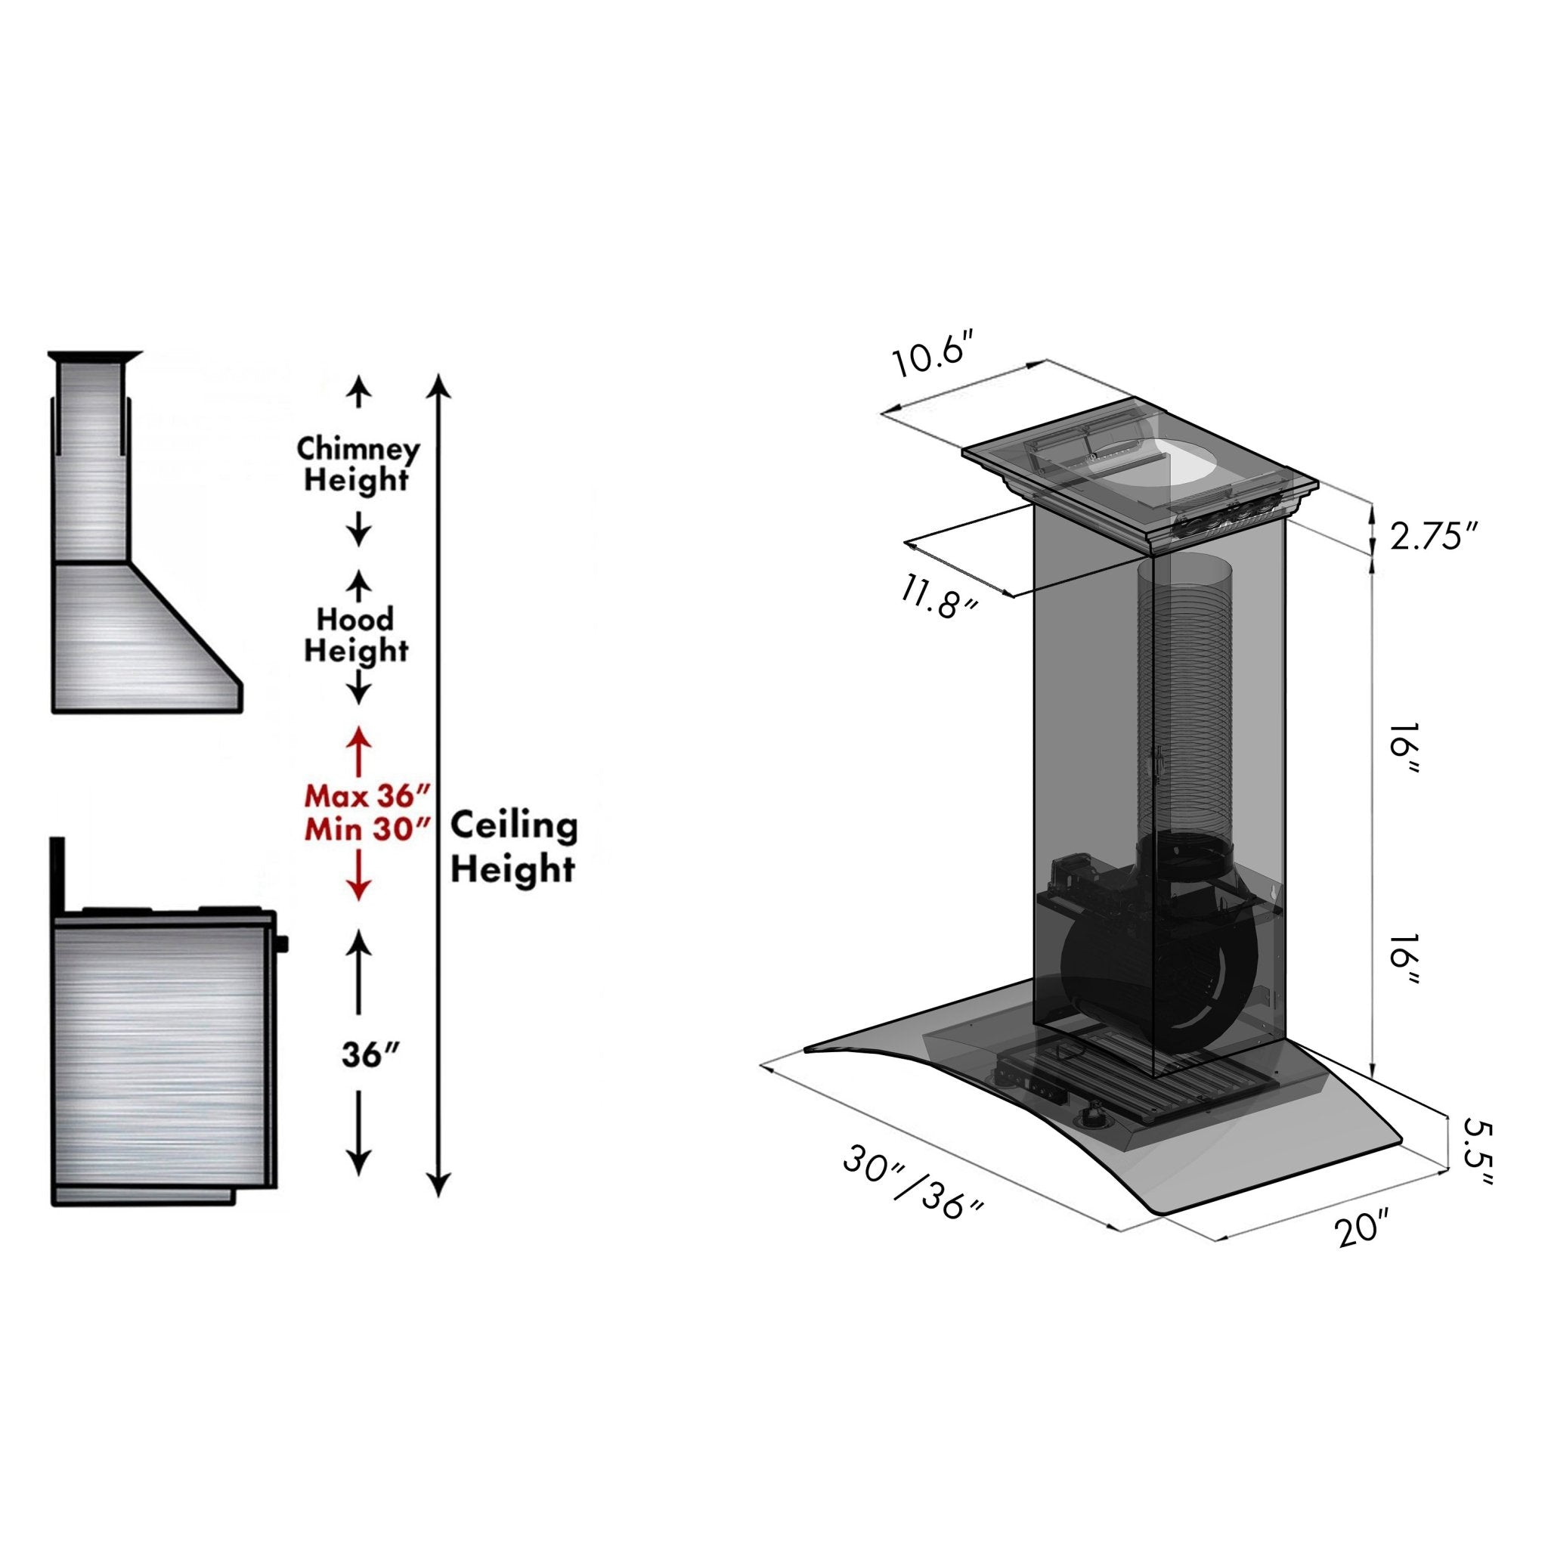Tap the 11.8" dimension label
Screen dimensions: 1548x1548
point(939,599)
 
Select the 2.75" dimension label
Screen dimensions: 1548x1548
point(1432,536)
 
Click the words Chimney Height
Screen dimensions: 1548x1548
point(358,465)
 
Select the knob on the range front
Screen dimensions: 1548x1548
point(282,944)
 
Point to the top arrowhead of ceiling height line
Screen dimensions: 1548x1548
point(438,385)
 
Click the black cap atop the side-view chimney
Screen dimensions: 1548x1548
point(95,356)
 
